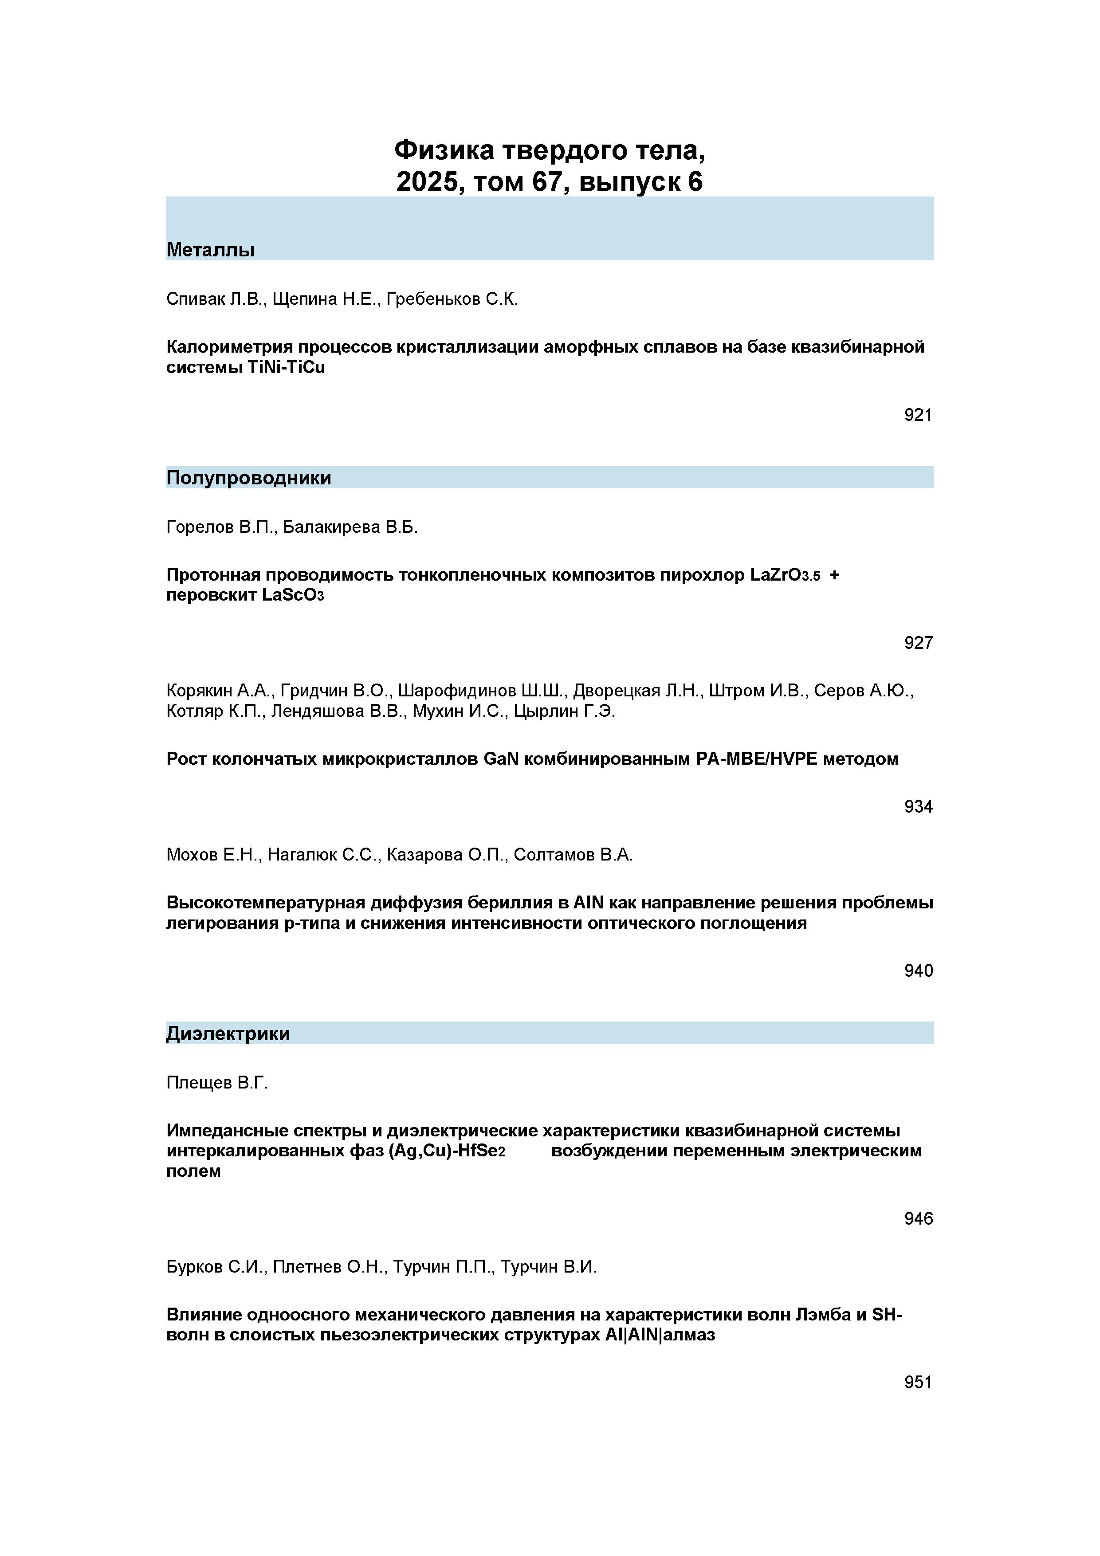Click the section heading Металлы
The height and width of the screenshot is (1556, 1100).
[210, 250]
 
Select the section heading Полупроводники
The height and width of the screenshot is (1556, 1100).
[249, 479]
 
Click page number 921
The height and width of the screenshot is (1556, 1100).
[918, 415]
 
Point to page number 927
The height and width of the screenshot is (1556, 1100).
[918, 642]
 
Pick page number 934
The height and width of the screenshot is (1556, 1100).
[918, 806]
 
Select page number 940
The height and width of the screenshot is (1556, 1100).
[918, 971]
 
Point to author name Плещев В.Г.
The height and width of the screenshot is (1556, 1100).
[217, 1083]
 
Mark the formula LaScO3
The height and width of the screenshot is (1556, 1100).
[293, 595]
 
